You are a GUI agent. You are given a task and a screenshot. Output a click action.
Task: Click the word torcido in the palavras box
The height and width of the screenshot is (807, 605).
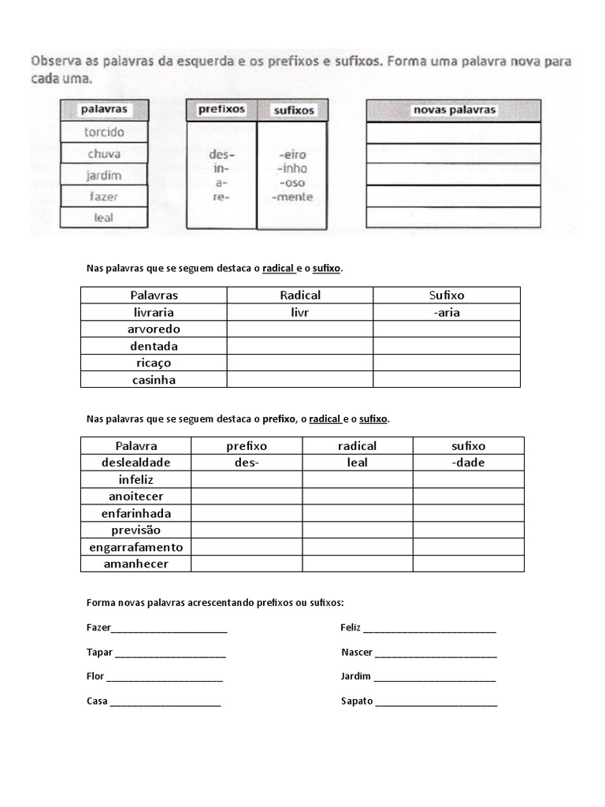pos(104,132)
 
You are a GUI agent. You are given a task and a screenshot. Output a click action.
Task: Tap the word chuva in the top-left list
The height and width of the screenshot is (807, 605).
pos(104,154)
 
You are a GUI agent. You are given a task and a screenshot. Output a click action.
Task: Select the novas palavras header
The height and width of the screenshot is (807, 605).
pos(454,110)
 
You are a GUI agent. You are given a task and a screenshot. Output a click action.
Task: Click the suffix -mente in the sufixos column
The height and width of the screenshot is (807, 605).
pos(291,197)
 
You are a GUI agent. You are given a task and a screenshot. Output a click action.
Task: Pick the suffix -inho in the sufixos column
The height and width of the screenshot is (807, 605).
pos(291,169)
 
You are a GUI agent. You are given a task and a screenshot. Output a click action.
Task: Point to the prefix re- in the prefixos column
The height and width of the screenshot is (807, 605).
pos(221,197)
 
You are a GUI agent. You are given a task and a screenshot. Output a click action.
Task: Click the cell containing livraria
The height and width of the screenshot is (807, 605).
pos(154,312)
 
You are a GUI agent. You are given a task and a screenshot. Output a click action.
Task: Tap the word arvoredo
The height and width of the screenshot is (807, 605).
pos(154,329)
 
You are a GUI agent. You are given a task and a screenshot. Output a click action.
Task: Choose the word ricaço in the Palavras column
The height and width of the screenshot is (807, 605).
pos(154,363)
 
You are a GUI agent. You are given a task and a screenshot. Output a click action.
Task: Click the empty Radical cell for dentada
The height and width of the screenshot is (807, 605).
pos(300,346)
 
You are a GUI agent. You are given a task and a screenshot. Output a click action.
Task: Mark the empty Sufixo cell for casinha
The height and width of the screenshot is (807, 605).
pos(447,380)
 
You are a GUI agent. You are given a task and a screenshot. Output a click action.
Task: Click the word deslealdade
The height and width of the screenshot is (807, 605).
pos(135,463)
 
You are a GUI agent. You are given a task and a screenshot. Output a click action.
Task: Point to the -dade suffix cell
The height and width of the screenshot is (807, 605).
pos(468,463)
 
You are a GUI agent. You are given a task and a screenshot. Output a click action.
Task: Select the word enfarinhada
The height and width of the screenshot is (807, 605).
pos(135,513)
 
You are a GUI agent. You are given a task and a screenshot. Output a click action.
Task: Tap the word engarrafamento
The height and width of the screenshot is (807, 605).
pos(135,547)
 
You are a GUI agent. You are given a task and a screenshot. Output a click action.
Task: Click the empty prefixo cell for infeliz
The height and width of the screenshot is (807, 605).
pos(246,479)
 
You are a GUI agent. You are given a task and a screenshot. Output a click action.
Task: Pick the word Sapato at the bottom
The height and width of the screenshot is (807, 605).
pos(357,701)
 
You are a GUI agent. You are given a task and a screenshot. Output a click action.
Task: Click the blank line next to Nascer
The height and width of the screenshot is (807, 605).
pos(436,654)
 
